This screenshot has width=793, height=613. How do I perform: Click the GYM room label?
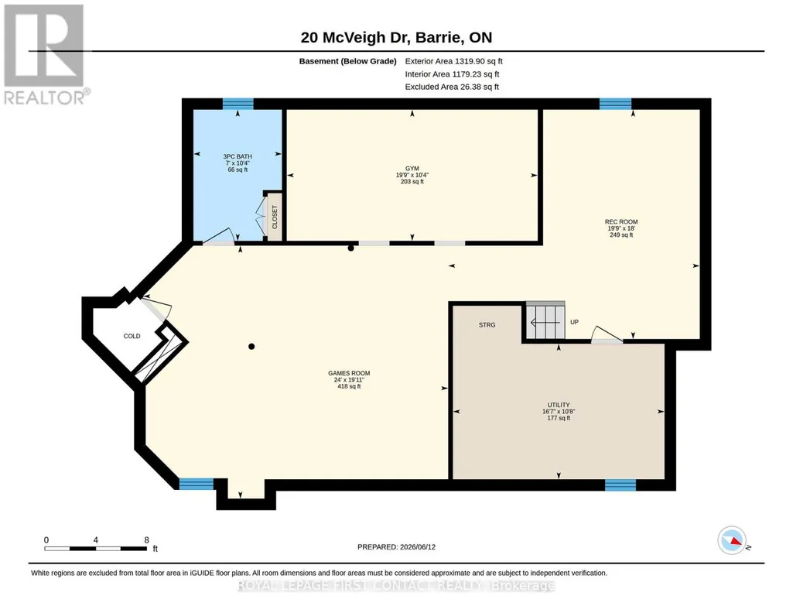pyautogui.click(x=412, y=169)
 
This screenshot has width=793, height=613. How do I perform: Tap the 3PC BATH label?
pyautogui.click(x=238, y=157)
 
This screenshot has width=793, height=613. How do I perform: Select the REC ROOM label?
pyautogui.click(x=621, y=221)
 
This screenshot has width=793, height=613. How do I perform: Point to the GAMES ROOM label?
pyautogui.click(x=349, y=373)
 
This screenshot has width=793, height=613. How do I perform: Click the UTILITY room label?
pyautogui.click(x=559, y=405)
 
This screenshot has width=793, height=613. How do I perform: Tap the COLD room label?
pyautogui.click(x=132, y=336)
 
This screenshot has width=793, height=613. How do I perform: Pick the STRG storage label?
pyautogui.click(x=487, y=325)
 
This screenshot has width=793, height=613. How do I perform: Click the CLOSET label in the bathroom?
pyautogui.click(x=275, y=217)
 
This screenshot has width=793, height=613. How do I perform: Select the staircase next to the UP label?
pyautogui.click(x=545, y=320)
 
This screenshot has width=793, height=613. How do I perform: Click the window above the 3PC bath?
pyautogui.click(x=238, y=104)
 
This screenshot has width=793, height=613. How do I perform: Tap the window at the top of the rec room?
pyautogui.click(x=616, y=104)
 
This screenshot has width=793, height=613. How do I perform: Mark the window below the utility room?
pyautogui.click(x=620, y=485)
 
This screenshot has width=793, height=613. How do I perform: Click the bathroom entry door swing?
pyautogui.click(x=218, y=236)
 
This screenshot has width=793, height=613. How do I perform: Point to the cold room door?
pyautogui.click(x=156, y=308)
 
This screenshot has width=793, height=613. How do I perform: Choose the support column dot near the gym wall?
pyautogui.click(x=350, y=248)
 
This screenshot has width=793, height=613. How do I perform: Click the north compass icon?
pyautogui.click(x=732, y=540)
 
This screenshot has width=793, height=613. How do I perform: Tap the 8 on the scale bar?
pyautogui.click(x=147, y=539)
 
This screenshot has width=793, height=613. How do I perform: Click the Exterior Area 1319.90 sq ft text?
pyautogui.click(x=453, y=61)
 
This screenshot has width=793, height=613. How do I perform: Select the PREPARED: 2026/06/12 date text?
pyautogui.click(x=396, y=546)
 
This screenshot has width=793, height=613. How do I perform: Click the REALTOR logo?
pyautogui.click(x=46, y=54)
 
